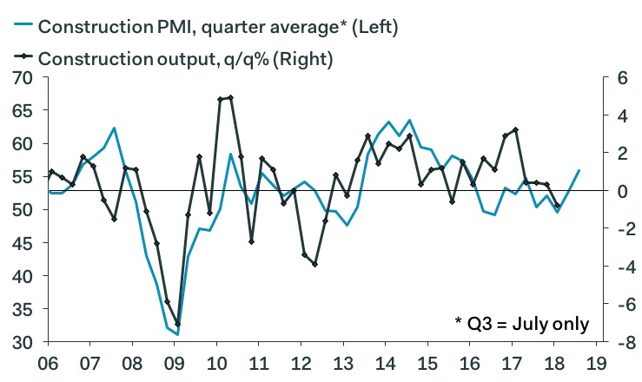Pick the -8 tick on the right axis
click(620, 342)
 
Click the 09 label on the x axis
click(175, 364)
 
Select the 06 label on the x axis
click(50, 364)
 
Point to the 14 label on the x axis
click(386, 364)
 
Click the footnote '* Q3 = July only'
click(521, 324)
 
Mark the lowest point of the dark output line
click(177, 324)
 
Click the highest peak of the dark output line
click(230, 97)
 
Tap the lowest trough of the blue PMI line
click(176, 334)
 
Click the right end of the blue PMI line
click(579, 170)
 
